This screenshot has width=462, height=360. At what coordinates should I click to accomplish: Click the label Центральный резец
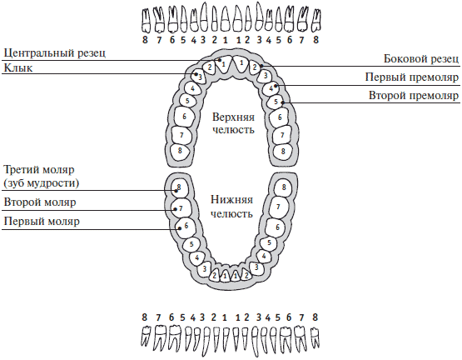tap(54, 53)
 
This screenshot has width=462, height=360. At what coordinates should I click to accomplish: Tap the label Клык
tap(18, 68)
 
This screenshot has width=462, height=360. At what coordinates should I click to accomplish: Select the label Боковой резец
tap(421, 58)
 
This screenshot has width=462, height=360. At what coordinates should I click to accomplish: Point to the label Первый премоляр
tap(412, 77)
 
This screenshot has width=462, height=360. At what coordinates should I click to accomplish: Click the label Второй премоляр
tap(414, 96)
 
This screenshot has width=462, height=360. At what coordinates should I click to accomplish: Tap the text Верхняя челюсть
tap(233, 123)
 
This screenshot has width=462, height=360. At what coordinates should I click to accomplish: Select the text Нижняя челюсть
tap(232, 207)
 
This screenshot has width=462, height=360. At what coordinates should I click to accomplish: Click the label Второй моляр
tap(40, 202)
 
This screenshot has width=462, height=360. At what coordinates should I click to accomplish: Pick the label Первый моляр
tap(42, 222)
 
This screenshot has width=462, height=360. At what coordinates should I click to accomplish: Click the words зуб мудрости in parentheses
tap(42, 183)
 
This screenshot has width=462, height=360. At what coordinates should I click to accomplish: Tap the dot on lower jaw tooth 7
tap(176, 209)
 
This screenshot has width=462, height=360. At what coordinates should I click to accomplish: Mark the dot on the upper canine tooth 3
tap(196, 74)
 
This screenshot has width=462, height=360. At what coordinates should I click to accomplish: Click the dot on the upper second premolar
tap(282, 102)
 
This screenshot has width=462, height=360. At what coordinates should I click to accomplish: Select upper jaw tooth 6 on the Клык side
tap(184, 117)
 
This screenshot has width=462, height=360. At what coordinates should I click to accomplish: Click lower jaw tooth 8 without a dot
tap(283, 187)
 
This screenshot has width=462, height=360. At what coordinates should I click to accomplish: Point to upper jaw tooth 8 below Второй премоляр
tap(283, 152)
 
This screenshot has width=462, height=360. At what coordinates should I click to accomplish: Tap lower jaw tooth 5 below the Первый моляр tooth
tap(191, 244)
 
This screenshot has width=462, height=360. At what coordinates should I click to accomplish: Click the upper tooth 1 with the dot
tap(223, 63)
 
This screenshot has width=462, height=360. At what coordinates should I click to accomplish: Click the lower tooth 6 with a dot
tap(185, 227)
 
